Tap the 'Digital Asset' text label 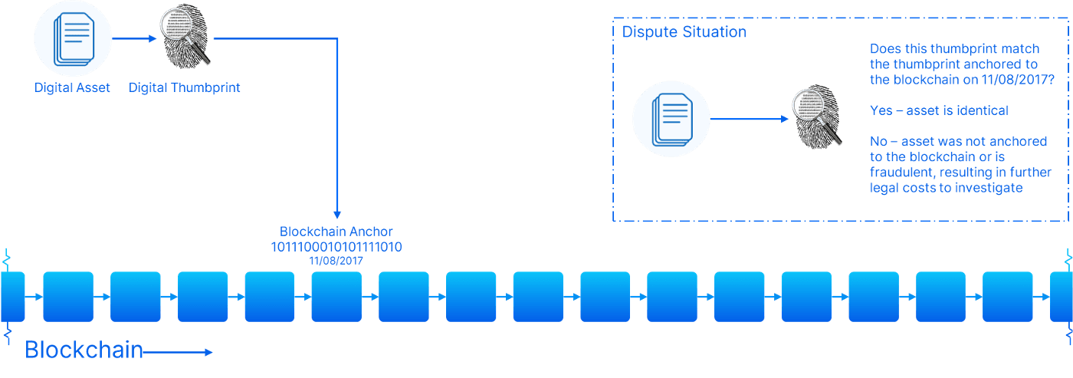[x=73, y=87]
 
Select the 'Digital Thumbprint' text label [x=184, y=87]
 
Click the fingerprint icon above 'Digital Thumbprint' [x=185, y=38]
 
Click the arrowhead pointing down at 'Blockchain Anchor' [x=336, y=215]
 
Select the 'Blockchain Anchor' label [x=336, y=232]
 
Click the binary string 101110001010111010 [x=336, y=247]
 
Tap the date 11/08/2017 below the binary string [x=336, y=261]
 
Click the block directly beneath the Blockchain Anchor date [x=336, y=296]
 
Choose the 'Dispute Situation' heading [x=684, y=32]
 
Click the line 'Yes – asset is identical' [x=939, y=110]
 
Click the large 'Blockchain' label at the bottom [x=84, y=350]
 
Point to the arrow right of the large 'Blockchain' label [x=178, y=352]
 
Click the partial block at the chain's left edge [x=12, y=296]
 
